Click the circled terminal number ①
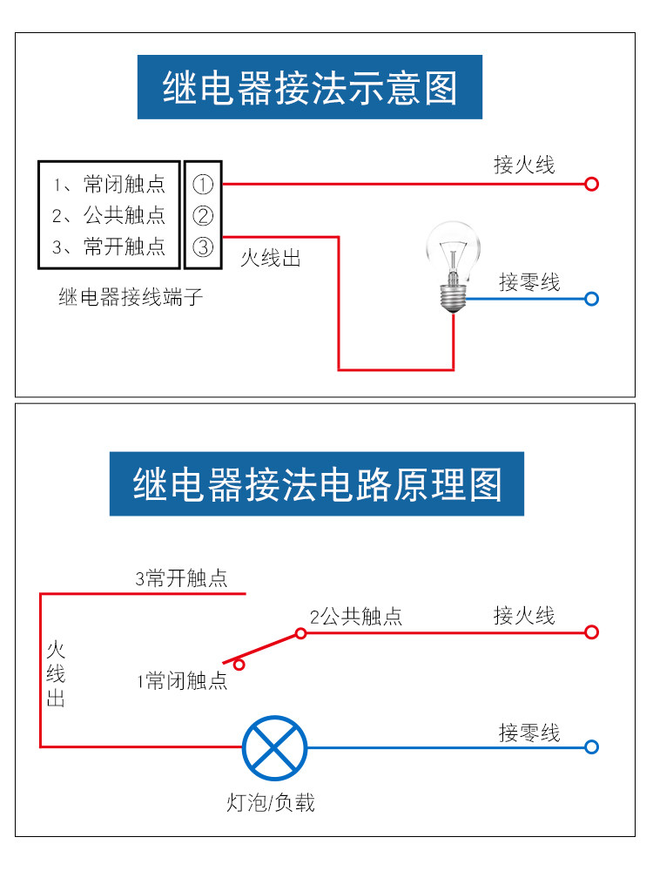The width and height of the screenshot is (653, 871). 203,185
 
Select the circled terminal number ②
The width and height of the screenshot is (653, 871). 203,215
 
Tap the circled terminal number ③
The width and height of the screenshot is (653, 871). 203,246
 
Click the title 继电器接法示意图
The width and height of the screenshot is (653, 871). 310,87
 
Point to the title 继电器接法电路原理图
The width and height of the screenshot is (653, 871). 317,483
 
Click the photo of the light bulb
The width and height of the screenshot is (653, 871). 453,267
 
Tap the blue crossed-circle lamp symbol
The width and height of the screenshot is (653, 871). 275,747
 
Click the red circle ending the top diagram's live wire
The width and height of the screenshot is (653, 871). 592,184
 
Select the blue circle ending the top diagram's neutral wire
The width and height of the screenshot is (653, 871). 592,299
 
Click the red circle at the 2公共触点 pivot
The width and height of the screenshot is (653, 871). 301,633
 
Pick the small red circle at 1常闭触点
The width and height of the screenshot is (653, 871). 239,665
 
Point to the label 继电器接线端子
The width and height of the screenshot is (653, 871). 131,297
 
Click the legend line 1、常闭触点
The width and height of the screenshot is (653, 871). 110,185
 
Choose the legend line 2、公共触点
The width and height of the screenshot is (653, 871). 110,215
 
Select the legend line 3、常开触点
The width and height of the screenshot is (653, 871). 110,246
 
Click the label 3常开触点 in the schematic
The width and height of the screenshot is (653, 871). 182,578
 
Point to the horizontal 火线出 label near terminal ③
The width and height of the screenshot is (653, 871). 271,259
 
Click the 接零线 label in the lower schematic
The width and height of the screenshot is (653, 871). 529,733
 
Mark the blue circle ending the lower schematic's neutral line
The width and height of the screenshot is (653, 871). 592,747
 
